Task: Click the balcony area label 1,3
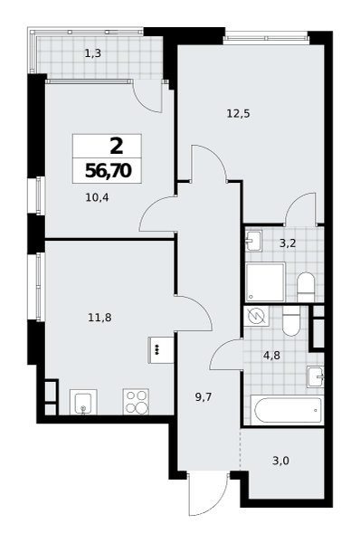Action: click(x=93, y=53)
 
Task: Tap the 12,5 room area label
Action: click(x=238, y=114)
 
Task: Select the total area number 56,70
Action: click(x=108, y=171)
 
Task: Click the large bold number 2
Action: click(x=117, y=147)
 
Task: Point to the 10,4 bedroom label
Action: click(x=97, y=197)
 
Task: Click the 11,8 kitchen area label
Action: click(x=99, y=318)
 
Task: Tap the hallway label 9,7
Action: click(x=204, y=397)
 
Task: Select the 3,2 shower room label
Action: click(x=288, y=243)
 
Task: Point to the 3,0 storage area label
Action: click(x=280, y=461)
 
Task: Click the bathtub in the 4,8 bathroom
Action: click(x=288, y=410)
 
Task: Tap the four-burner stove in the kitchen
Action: click(x=136, y=402)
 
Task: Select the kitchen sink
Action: click(x=83, y=402)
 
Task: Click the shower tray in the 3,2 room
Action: click(x=266, y=281)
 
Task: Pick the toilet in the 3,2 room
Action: click(x=306, y=287)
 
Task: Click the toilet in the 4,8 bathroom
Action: click(x=291, y=321)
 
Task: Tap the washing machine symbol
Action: click(x=257, y=316)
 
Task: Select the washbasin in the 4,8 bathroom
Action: click(x=316, y=376)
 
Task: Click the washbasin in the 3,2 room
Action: click(x=254, y=241)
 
